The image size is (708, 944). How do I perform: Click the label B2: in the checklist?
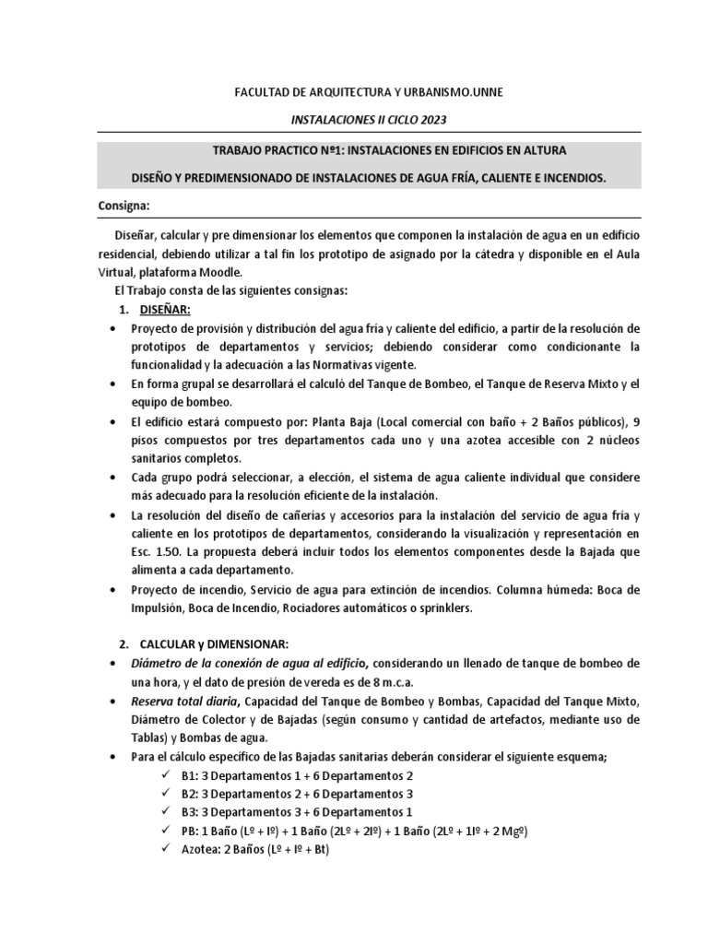[190, 795]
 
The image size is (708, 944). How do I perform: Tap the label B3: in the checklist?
[190, 813]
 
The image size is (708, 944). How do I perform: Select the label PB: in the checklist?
[190, 832]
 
